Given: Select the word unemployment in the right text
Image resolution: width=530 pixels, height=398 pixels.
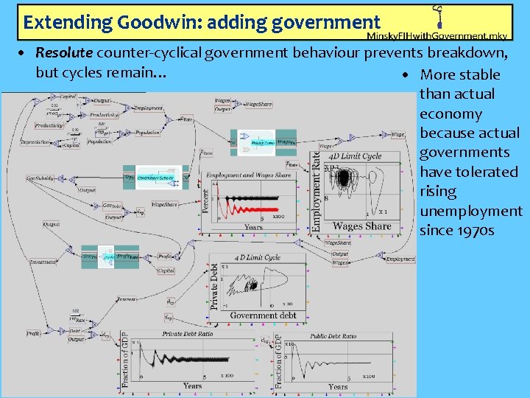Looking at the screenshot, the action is tap(470, 211).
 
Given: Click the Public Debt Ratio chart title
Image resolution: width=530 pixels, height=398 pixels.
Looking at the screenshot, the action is tap(333, 336).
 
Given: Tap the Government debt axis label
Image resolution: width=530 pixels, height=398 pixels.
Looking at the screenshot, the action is tap(263, 315).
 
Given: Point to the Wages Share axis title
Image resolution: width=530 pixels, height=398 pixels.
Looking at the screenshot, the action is tap(362, 226).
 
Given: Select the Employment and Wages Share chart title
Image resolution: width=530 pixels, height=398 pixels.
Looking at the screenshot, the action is tap(248, 175).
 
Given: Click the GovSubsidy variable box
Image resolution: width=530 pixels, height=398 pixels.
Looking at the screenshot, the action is tap(40, 178).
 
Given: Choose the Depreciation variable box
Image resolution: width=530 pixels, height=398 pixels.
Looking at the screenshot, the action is tap(35, 142).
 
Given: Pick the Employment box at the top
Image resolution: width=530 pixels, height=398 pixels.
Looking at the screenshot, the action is tap(148, 108).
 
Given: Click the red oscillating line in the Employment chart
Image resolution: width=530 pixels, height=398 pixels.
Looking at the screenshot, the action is tap(250, 198).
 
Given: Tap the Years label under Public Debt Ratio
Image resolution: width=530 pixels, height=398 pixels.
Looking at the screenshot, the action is tap(338, 387).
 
